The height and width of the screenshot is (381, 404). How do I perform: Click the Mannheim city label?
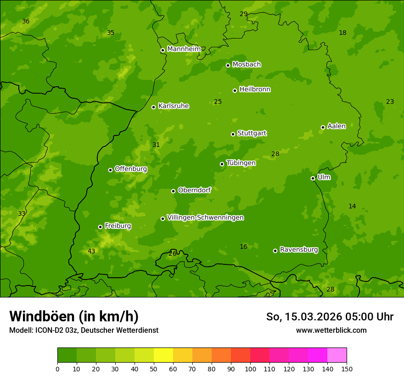tap(184, 49)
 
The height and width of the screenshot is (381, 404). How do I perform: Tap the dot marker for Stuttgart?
tap(233, 134)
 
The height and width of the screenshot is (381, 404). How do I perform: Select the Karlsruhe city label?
tap(173, 106)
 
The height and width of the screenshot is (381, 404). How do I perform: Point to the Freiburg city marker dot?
tap(100, 227)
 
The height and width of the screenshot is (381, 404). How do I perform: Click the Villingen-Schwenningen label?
tap(205, 218)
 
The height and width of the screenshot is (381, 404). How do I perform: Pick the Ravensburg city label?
tap(299, 250)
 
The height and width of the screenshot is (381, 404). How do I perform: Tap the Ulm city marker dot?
tap(313, 178)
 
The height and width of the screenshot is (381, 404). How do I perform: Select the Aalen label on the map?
tap(336, 126)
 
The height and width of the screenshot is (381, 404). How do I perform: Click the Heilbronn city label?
tap(255, 90)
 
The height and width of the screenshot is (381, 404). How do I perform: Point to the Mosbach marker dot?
tap(228, 65)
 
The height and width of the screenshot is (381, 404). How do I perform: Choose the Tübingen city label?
tap(241, 163)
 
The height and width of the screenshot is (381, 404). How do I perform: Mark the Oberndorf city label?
tap(194, 190)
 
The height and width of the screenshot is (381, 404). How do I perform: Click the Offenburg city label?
tap(131, 169)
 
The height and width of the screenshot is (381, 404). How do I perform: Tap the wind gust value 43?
tap(91, 251)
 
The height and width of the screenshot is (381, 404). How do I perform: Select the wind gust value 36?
tap(26, 22)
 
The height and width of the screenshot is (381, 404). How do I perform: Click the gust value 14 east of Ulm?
tap(352, 207)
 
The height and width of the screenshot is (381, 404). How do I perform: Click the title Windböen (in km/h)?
tap(74, 316)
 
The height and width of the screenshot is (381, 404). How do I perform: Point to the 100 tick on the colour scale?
tap(250, 369)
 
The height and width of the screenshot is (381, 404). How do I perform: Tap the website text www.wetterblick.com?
tap(331, 330)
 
